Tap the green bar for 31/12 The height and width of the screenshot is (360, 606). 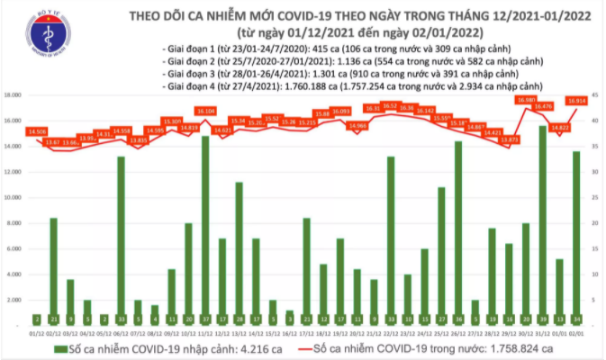click(x=543, y=225)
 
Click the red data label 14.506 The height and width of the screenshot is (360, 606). click(x=38, y=131)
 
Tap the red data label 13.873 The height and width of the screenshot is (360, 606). click(x=510, y=139)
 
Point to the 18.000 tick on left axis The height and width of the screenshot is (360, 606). click(x=15, y=94)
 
